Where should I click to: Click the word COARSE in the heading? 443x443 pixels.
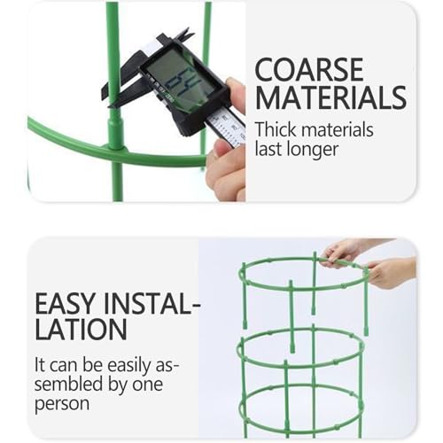pos(309,70)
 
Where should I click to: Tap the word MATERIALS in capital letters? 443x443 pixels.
pos(330,97)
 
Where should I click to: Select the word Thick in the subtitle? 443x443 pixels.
pos(276,129)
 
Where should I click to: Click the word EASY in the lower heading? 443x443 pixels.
pos(66,304)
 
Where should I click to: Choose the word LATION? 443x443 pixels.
pos(81,329)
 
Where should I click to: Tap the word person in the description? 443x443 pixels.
pos(62,404)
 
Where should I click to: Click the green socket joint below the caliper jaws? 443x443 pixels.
pos(115,132)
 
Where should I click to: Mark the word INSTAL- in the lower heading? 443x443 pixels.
pos(152,304)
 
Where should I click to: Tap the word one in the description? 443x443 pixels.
pos(148,385)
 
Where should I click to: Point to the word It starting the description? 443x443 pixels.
pos(39,365)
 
